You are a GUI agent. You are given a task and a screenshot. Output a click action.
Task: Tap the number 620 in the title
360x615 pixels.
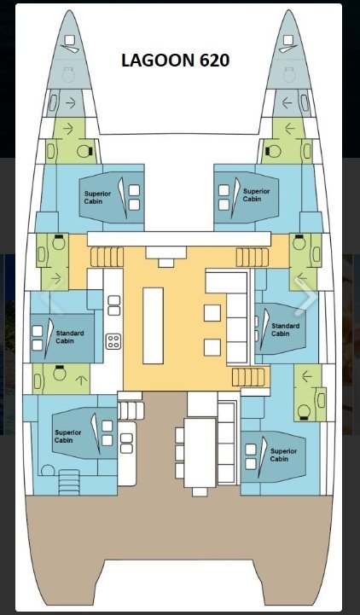pyautogui.click(x=214, y=61)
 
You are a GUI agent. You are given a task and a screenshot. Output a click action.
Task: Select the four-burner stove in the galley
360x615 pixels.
pyautogui.click(x=113, y=341)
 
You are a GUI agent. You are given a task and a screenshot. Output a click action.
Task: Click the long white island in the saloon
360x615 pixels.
pyautogui.click(x=153, y=326)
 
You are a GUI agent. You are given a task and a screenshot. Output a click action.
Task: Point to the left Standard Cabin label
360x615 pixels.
pyautogui.click(x=69, y=337)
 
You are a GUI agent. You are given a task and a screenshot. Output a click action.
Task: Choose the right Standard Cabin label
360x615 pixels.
pyautogui.click(x=286, y=329)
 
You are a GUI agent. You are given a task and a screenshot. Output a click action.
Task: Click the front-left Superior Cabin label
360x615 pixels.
pyautogui.click(x=97, y=197)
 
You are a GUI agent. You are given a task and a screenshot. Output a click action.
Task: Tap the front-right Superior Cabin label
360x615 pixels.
pyautogui.click(x=257, y=195)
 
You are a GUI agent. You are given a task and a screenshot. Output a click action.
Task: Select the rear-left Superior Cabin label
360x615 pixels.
pyautogui.click(x=68, y=436)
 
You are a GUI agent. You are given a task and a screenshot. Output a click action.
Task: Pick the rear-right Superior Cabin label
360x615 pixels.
pyautogui.click(x=283, y=455)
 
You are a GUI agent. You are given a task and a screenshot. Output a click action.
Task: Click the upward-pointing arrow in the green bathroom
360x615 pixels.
pyautogui.click(x=81, y=380)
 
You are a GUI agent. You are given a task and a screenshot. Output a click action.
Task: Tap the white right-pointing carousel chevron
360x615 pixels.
pyautogui.click(x=306, y=298)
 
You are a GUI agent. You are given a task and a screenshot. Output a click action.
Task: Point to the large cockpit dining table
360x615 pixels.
pyautogui.click(x=200, y=453)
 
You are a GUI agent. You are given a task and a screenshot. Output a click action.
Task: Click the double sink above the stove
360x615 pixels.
pyautogui.click(x=114, y=305)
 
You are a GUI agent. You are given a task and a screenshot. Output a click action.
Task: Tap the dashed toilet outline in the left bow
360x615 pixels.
pyautogui.click(x=68, y=74)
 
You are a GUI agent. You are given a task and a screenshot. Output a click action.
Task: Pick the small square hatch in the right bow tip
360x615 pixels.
pyautogui.click(x=288, y=39)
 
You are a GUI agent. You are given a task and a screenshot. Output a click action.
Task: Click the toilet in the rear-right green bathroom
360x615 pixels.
pyautogui.click(x=304, y=412)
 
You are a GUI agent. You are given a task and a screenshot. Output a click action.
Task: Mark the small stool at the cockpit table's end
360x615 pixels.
pyautogui.click(x=200, y=492)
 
